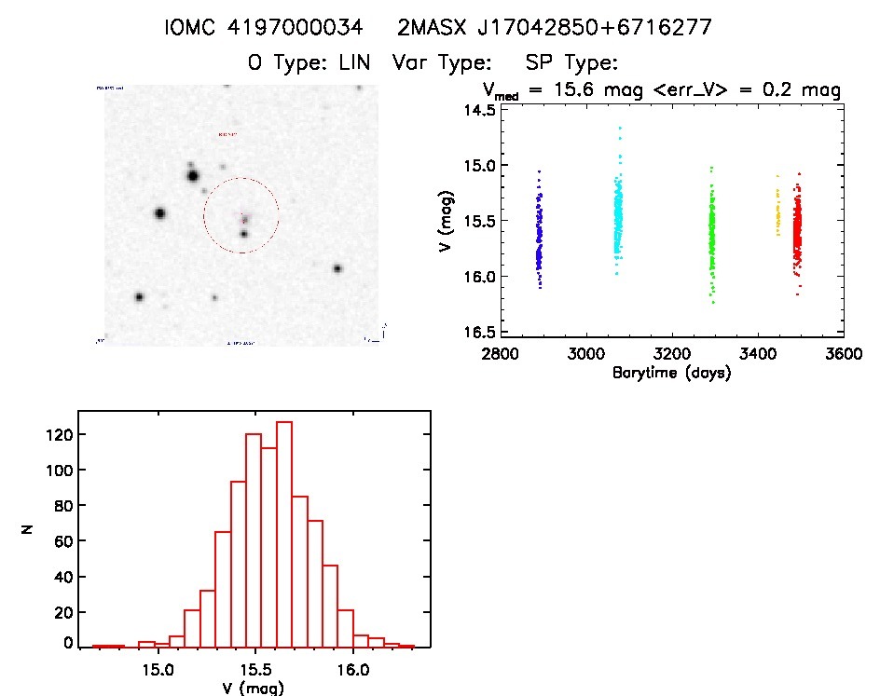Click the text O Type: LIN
[x=310, y=63]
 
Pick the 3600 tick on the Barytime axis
[x=843, y=355]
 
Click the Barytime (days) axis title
[x=671, y=374]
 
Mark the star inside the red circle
[x=244, y=233]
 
